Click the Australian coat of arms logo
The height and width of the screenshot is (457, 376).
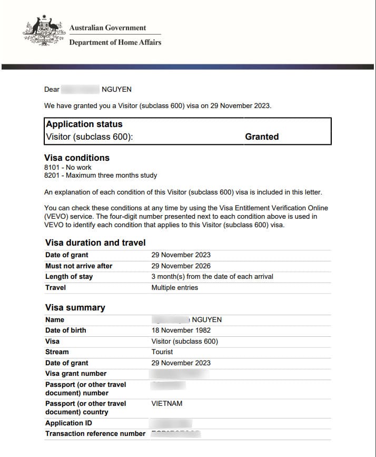pyautogui.click(x=44, y=32)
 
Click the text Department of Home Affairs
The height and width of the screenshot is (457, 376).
pyautogui.click(x=115, y=42)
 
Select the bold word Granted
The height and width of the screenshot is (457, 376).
pyautogui.click(x=262, y=137)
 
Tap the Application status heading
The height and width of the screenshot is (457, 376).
pyautogui.click(x=84, y=124)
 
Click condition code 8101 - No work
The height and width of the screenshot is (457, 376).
pyautogui.click(x=68, y=167)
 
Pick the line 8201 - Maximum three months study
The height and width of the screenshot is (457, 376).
pyautogui.click(x=101, y=175)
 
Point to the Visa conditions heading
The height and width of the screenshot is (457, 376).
pyautogui.click(x=77, y=158)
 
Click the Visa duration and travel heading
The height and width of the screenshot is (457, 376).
pyautogui.click(x=95, y=242)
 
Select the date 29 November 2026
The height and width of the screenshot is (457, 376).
pyautogui.click(x=181, y=266)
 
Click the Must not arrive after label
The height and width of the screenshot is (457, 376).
pyautogui.click(x=78, y=266)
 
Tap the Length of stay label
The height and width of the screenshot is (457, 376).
pyautogui.click(x=69, y=276)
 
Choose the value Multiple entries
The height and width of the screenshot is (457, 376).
pyautogui.click(x=175, y=287)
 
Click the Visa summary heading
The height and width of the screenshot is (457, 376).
pyautogui.click(x=75, y=307)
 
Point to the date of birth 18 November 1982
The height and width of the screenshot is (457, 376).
pyautogui.click(x=181, y=330)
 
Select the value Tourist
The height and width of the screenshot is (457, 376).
pyautogui.click(x=162, y=352)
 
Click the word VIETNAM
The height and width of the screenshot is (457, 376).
pyautogui.click(x=167, y=403)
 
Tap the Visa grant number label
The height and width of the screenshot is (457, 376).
pyautogui.click(x=76, y=374)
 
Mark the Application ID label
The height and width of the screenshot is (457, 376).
pyautogui.click(x=65, y=423)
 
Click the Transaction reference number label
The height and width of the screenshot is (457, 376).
pyautogui.click(x=95, y=433)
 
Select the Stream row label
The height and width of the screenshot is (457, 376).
pyautogui.click(x=57, y=352)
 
